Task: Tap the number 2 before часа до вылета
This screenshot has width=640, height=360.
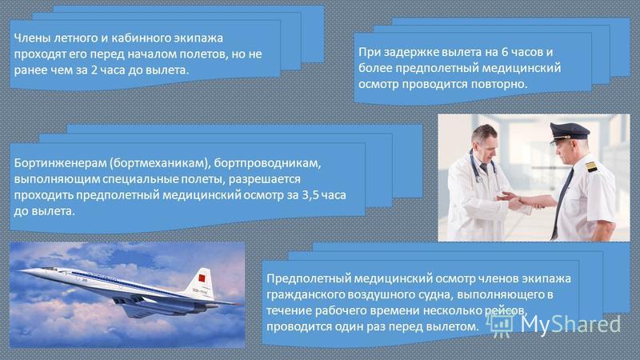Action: click(x=94, y=70)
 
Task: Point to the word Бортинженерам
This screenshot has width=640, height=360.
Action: click(x=59, y=163)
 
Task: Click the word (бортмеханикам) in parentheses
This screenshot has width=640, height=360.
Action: click(x=159, y=163)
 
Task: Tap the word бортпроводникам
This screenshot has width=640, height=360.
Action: click(x=267, y=163)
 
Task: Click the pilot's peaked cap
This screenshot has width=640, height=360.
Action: click(x=569, y=132)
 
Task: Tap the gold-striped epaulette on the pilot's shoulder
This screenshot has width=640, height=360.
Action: click(x=591, y=166)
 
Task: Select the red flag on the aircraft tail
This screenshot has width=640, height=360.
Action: click(x=202, y=278)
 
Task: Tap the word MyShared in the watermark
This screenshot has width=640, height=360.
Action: click(x=570, y=325)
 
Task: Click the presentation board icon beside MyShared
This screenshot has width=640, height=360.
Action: click(x=499, y=325)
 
